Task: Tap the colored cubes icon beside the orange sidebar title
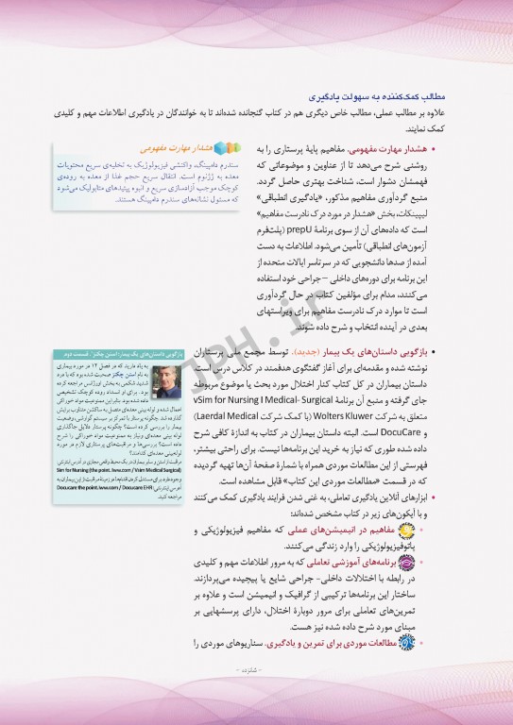(222, 148)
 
